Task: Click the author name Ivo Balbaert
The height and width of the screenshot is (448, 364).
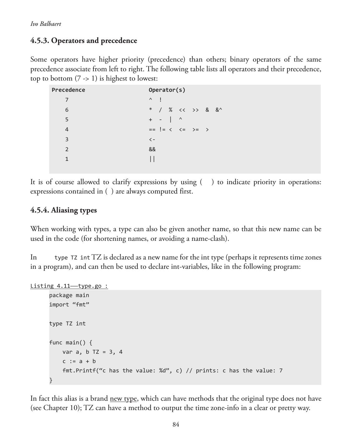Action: [x=46, y=24]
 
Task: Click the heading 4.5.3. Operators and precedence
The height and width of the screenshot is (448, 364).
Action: [x=84, y=41]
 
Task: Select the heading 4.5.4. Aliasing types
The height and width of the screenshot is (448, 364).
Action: [x=64, y=210]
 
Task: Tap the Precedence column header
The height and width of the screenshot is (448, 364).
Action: [x=68, y=90]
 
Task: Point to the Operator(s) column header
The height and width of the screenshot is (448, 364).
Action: [x=167, y=90]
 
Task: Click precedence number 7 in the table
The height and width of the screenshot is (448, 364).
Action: [x=67, y=100]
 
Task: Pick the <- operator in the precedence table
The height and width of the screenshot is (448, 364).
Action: [x=152, y=139]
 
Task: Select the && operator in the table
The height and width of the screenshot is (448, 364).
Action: [x=152, y=149]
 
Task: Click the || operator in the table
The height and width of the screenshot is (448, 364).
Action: [x=152, y=159]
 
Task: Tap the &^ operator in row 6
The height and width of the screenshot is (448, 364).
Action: [x=219, y=110]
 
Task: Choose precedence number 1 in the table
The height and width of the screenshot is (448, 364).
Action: [x=67, y=159]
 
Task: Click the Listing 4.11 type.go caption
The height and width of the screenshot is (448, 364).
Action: [x=69, y=286]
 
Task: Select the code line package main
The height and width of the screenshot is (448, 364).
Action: [x=69, y=295]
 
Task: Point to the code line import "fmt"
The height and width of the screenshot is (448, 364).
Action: [x=69, y=305]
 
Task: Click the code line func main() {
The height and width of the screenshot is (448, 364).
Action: [x=71, y=343]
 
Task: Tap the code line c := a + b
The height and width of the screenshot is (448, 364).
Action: [x=79, y=361]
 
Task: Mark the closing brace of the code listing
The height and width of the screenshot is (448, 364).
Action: [x=51, y=380]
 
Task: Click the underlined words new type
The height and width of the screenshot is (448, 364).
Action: [x=123, y=399]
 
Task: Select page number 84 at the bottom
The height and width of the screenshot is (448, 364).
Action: [x=176, y=425]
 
